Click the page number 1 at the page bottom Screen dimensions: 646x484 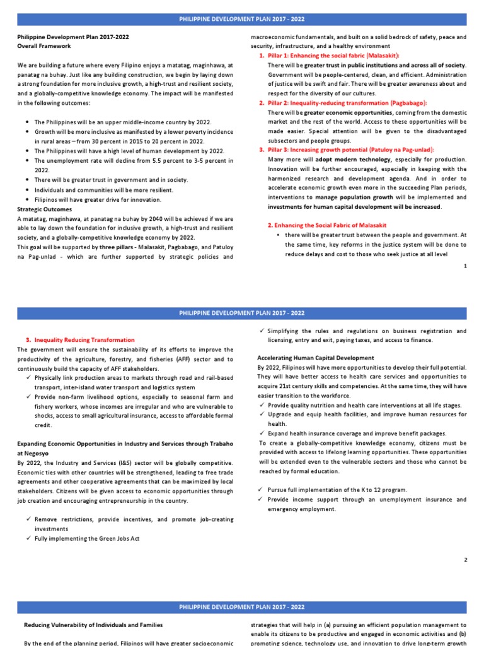[465, 266]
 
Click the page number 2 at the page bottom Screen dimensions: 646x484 [465, 560]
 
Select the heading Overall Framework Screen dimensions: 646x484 [44, 46]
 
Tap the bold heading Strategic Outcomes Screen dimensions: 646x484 [44, 209]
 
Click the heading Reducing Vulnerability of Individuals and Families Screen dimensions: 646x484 [93, 625]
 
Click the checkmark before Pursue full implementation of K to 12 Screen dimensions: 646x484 [262, 490]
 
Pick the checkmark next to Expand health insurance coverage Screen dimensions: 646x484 [262, 433]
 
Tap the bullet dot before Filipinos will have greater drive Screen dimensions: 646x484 [28, 199]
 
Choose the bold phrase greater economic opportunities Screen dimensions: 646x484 [348, 112]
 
